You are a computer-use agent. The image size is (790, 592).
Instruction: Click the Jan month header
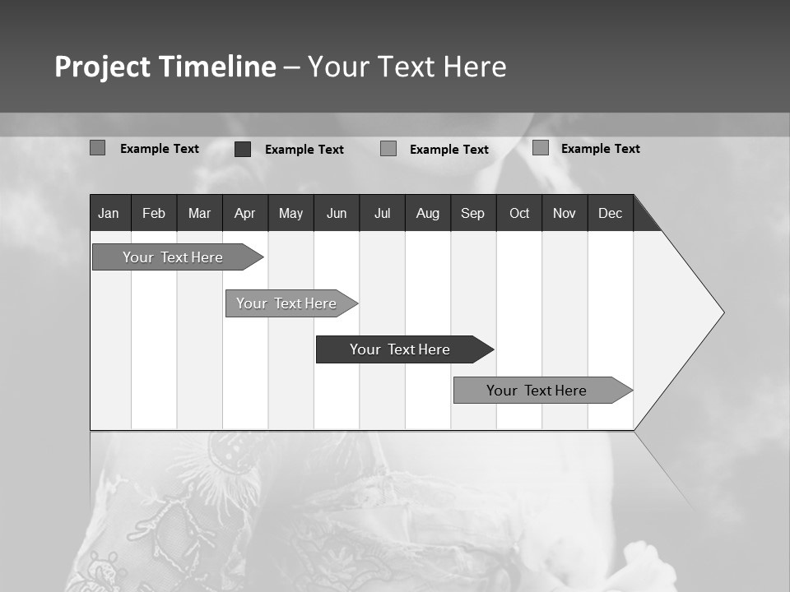(x=109, y=213)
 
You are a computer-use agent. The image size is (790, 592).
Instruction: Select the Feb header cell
(x=154, y=213)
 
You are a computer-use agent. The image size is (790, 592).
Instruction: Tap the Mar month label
(x=199, y=213)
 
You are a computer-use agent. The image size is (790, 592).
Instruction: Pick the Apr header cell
(x=245, y=213)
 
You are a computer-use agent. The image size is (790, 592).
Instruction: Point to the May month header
(x=290, y=213)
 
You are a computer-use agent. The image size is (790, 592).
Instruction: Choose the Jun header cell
(x=337, y=213)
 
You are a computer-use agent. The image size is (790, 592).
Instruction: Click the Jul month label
(x=382, y=213)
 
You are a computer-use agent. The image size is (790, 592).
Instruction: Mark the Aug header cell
(x=428, y=213)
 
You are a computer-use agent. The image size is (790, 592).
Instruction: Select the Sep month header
(x=473, y=213)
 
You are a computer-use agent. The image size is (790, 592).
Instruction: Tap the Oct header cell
(x=519, y=213)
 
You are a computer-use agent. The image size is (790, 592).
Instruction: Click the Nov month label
(x=565, y=213)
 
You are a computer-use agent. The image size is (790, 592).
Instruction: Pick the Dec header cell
(x=611, y=213)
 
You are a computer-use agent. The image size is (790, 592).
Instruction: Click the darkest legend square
(x=243, y=149)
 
